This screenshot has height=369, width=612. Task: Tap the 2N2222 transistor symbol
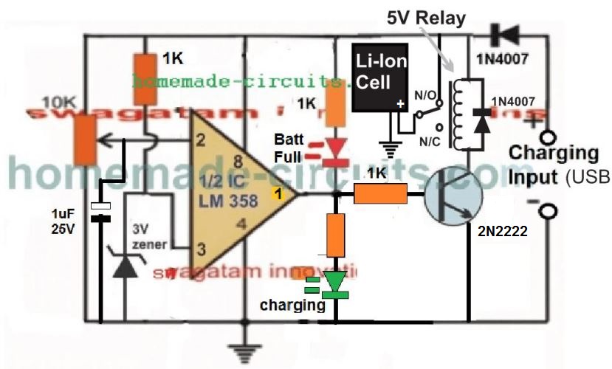(x=452, y=196)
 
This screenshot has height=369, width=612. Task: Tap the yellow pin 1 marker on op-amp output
(x=278, y=195)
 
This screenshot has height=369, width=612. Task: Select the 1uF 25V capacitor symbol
(x=99, y=212)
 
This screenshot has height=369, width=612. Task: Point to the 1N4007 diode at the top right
(x=506, y=34)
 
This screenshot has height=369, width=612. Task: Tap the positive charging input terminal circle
(x=546, y=138)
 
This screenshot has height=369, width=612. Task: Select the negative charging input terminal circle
(x=546, y=212)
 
